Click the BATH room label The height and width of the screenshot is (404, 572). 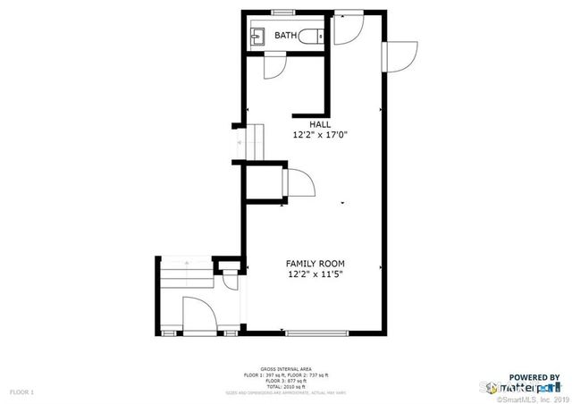[286, 36]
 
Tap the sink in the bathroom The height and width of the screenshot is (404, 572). [258, 36]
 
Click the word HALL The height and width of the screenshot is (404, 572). [320, 124]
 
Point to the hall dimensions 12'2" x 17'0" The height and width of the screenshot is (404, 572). [320, 135]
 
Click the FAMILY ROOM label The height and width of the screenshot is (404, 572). [315, 264]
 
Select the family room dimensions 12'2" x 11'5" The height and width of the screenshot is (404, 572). [315, 274]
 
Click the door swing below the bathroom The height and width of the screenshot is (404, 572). [274, 68]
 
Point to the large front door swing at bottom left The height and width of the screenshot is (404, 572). [198, 314]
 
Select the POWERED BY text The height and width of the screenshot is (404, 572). [534, 378]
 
